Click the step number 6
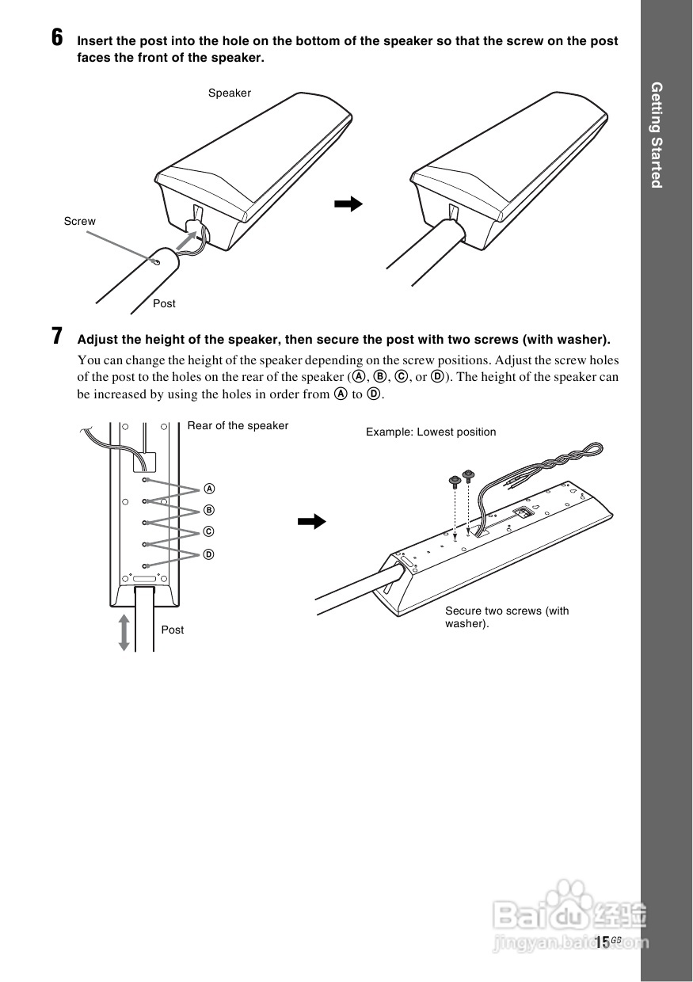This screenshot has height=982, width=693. (x=57, y=37)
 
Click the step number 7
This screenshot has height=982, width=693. (x=57, y=336)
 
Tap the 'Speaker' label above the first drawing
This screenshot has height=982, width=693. (x=230, y=93)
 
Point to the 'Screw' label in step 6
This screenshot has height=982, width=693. (x=79, y=222)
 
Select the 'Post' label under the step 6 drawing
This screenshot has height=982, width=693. (x=164, y=304)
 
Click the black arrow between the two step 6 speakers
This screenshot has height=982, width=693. (x=348, y=204)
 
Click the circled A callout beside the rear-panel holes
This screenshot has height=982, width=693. (x=209, y=488)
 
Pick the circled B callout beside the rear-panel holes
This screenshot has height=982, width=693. (x=209, y=509)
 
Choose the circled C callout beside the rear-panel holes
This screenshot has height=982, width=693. (x=209, y=531)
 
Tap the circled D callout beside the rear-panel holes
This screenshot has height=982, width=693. (x=209, y=554)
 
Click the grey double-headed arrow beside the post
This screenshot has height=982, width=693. (x=124, y=631)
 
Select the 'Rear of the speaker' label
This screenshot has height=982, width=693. (x=238, y=426)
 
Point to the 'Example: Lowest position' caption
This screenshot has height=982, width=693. (x=431, y=432)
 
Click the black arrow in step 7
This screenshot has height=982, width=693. (x=311, y=521)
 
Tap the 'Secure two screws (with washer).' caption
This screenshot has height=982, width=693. (x=507, y=617)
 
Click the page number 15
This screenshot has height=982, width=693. (x=603, y=942)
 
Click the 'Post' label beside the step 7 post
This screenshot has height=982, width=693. (x=172, y=630)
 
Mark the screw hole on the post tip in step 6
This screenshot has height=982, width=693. (x=157, y=261)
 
